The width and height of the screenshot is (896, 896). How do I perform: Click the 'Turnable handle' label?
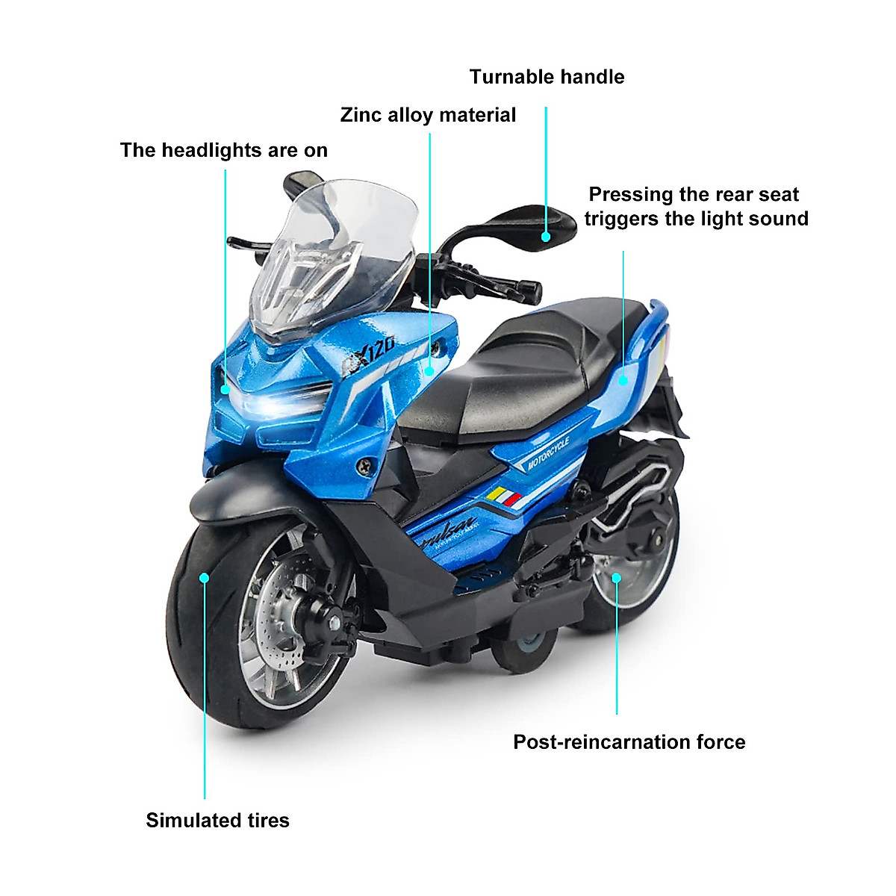[x=547, y=77]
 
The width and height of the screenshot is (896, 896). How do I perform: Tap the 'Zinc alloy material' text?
[x=428, y=115]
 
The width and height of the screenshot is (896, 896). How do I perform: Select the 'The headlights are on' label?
[x=224, y=150]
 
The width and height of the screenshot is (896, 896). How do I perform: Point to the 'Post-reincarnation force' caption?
[x=629, y=741]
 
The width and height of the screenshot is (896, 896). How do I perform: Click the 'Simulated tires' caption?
[x=217, y=820]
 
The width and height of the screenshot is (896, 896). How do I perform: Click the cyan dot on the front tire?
[x=204, y=577]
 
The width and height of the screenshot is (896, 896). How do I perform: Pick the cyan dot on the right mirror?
[x=547, y=237]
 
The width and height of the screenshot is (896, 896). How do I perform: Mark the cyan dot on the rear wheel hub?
[x=617, y=578]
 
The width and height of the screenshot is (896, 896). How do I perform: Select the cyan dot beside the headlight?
[x=225, y=389]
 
